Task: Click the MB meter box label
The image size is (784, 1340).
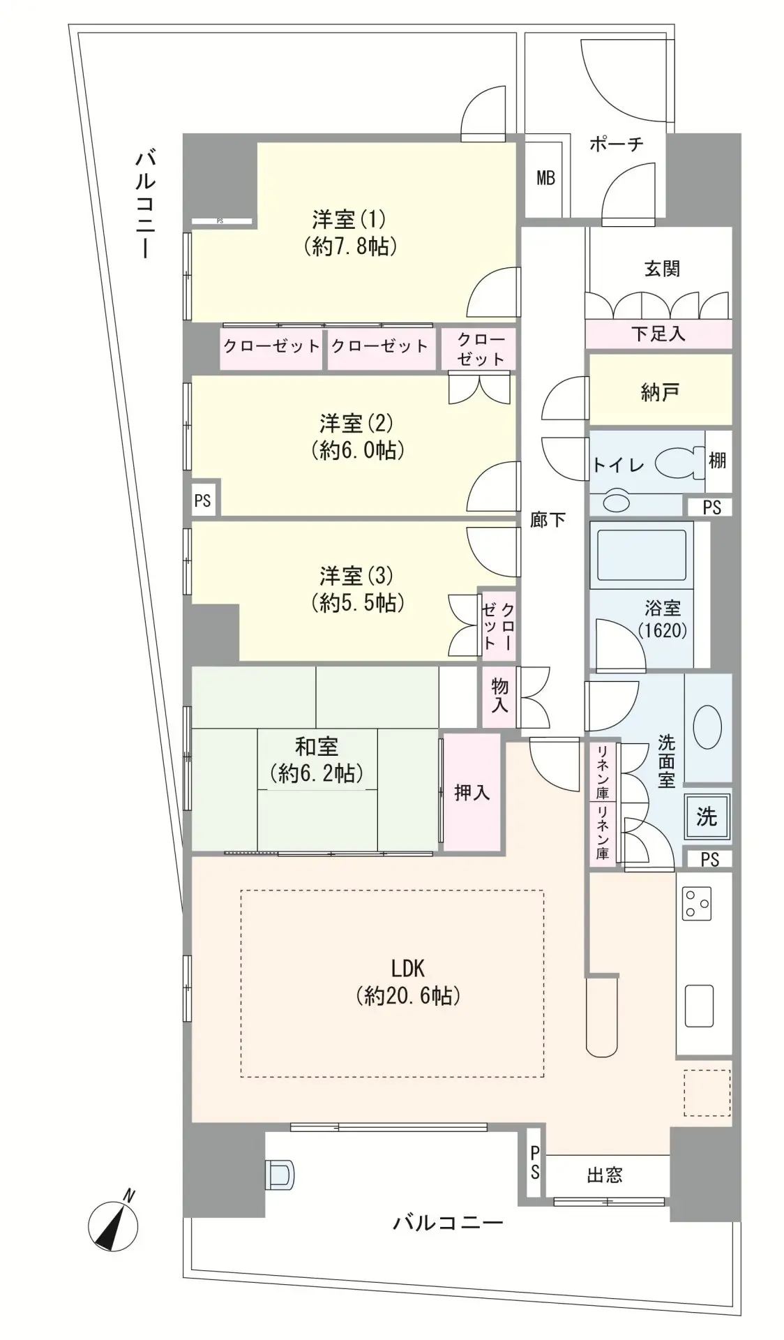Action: point(545,178)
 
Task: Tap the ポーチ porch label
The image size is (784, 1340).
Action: point(616,144)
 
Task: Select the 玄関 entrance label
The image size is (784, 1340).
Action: point(661,269)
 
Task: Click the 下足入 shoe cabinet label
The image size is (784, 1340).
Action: point(658,334)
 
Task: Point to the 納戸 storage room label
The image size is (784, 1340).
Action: point(660,393)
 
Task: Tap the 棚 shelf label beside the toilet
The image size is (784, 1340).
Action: point(717,460)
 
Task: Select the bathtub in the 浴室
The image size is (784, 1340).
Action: point(641,554)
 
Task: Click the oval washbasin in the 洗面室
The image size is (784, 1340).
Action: point(707,728)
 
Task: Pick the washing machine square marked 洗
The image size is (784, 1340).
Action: point(707,817)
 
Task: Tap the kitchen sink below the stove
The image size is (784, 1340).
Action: point(699,1006)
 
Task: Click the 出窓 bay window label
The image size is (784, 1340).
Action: point(604,1175)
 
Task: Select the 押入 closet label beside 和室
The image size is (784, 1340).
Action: point(472,792)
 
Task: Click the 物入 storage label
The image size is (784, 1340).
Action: point(499,695)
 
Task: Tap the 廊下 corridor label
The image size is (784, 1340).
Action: point(548,519)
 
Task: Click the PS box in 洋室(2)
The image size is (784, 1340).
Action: point(203,500)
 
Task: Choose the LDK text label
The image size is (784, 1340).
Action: point(408,969)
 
